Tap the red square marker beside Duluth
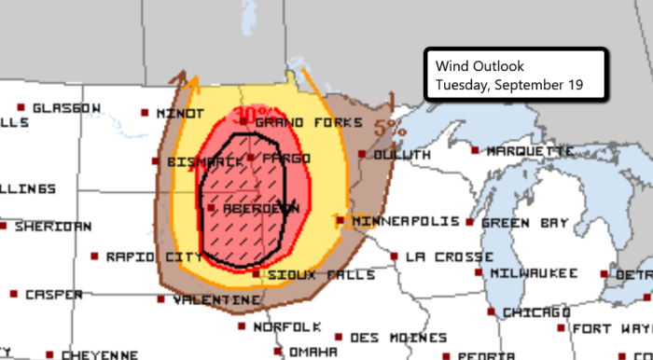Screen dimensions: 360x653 tap(363, 154)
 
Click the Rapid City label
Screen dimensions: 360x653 tap(140, 256)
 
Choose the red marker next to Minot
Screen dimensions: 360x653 tap(146, 113)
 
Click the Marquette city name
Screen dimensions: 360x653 tap(530, 150)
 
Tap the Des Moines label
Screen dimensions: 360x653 tap(386, 337)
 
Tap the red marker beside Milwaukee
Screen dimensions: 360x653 tap(479, 272)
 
